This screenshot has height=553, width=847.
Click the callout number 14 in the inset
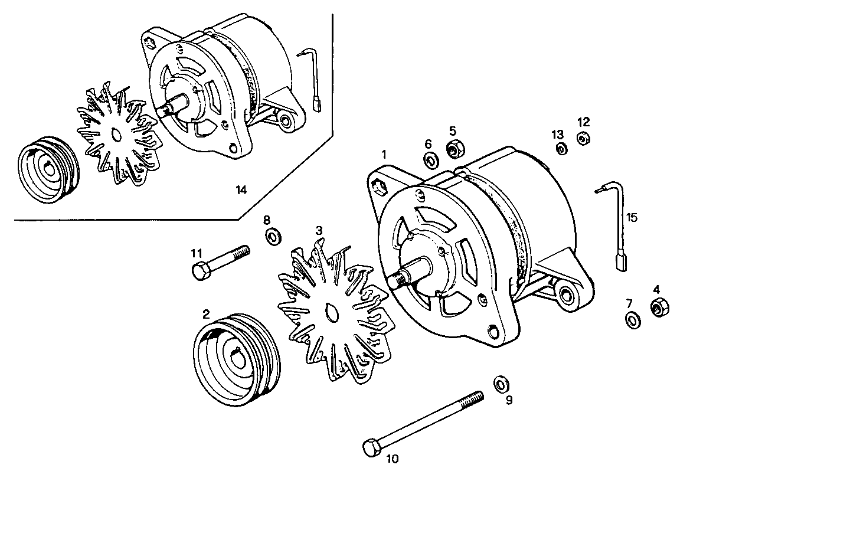(241, 190)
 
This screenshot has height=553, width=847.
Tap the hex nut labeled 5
(454, 149)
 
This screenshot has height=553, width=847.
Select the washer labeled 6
(430, 159)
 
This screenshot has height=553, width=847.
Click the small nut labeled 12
(583, 139)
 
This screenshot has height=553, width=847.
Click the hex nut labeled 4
(659, 307)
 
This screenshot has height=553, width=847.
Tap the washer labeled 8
(273, 237)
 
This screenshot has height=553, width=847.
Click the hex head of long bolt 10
(371, 448)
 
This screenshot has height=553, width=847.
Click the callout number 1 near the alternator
(384, 155)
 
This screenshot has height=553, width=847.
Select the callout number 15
(632, 218)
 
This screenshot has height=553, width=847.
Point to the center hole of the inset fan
(116, 136)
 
